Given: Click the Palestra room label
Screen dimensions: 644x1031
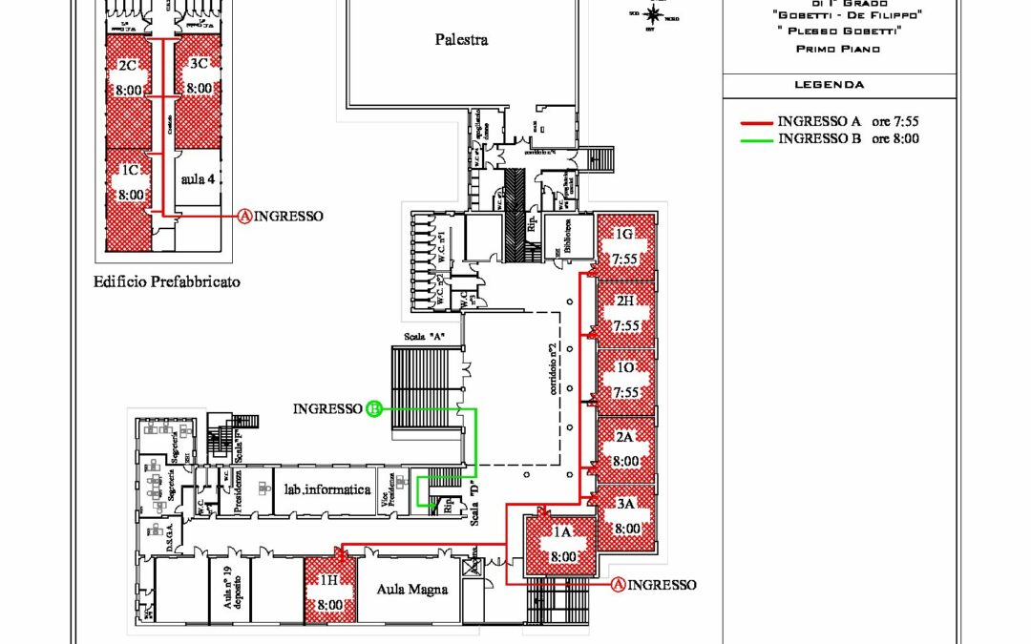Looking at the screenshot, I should [461, 39].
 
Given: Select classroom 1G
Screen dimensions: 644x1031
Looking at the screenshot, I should [625, 246].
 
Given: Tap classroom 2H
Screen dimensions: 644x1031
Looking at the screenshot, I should [625, 313].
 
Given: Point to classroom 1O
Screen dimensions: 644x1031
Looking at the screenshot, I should [625, 381].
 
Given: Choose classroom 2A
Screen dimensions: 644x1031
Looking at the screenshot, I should [625, 448].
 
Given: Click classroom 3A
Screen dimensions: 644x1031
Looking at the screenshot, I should [627, 516].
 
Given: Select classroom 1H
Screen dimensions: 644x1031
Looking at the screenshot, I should [329, 592].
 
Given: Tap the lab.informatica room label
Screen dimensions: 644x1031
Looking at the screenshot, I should [326, 489].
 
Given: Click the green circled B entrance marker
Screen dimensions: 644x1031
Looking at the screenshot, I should [374, 409].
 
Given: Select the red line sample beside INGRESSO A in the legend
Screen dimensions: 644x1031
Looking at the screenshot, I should [756, 122].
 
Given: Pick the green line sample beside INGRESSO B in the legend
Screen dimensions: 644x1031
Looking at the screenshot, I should [756, 139].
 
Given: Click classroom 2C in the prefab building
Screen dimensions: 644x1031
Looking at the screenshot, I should [129, 77].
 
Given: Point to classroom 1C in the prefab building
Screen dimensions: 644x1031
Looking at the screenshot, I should [129, 182].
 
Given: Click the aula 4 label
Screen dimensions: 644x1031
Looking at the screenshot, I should [196, 179].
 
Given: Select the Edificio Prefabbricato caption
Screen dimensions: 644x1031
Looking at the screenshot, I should [166, 281].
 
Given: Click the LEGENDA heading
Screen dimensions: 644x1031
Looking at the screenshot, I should [830, 85].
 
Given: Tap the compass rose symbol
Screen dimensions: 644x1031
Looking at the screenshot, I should [654, 14].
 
